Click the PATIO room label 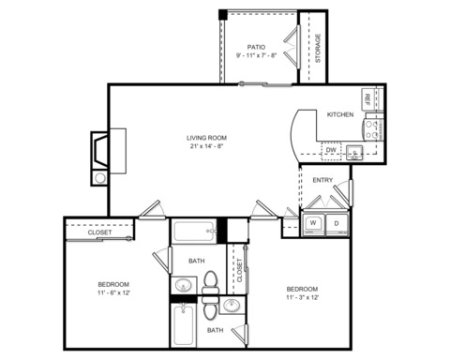click(x=256, y=47)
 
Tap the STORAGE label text click(x=318, y=48)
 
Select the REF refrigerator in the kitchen click(x=368, y=99)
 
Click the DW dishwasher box click(x=331, y=151)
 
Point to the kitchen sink click(x=354, y=153)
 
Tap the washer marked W click(x=313, y=224)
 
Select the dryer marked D click(x=337, y=224)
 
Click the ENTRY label click(x=322, y=180)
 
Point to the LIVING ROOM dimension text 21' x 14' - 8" click(x=207, y=146)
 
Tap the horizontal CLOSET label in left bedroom click(x=99, y=232)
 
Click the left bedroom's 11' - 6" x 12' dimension click(x=113, y=293)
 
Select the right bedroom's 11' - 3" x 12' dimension click(x=302, y=297)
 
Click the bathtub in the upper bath click(x=194, y=232)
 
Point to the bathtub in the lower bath click(x=184, y=324)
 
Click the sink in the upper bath click(x=183, y=285)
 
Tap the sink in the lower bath click(x=232, y=305)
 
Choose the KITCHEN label click(x=340, y=114)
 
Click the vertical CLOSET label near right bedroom click(x=240, y=270)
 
